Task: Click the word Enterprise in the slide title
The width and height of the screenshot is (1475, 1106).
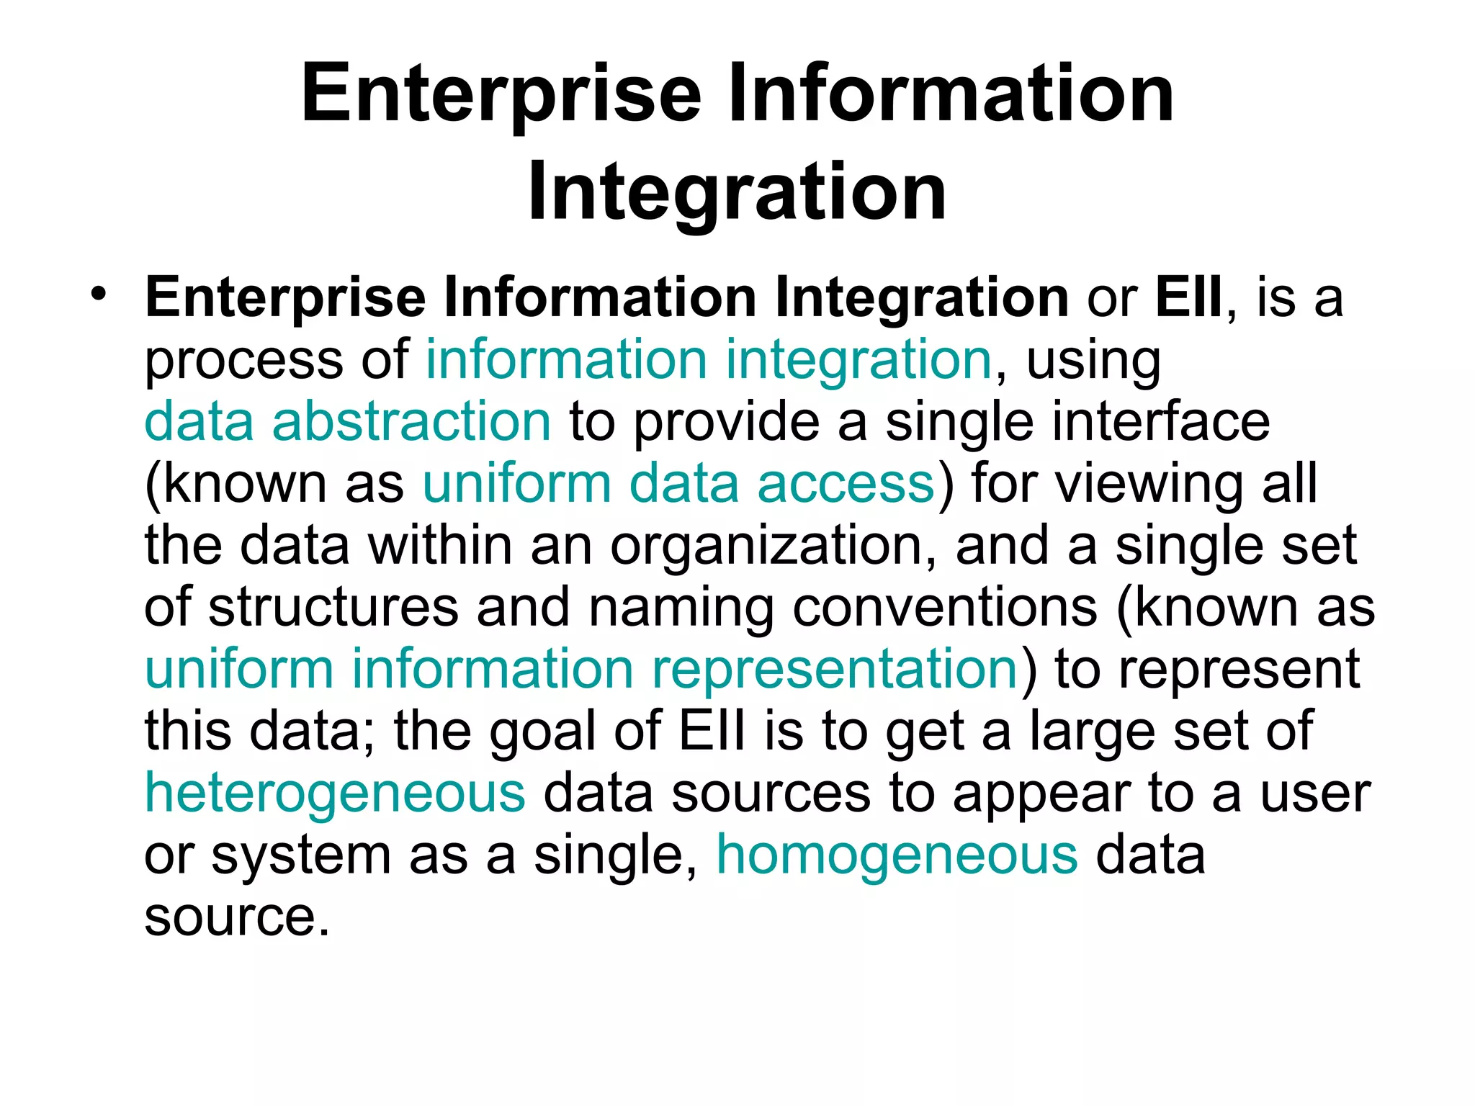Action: tap(501, 94)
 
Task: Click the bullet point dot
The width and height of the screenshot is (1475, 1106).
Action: tap(99, 293)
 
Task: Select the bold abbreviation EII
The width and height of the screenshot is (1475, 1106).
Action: tap(1189, 297)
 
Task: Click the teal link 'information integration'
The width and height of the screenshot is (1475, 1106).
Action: tap(709, 359)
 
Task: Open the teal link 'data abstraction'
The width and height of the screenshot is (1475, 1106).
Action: tap(348, 421)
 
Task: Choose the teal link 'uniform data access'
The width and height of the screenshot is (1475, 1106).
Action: tap(678, 483)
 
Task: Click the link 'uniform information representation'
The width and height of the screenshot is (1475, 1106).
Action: tap(581, 669)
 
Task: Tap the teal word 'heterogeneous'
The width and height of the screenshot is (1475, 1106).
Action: tap(335, 793)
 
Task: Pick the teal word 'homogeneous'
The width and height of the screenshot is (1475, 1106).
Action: tap(897, 855)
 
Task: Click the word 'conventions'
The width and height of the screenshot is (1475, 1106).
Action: tap(945, 607)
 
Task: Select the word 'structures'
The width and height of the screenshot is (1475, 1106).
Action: tap(333, 607)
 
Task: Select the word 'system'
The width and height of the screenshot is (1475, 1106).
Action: tap(300, 856)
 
